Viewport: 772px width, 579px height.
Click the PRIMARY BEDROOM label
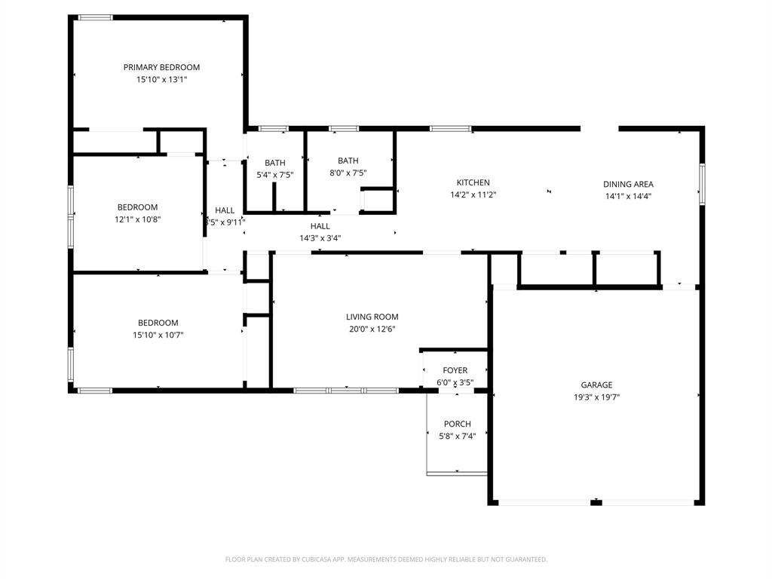(161, 67)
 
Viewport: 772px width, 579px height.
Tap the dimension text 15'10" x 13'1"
(161, 79)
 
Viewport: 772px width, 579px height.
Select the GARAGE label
(596, 385)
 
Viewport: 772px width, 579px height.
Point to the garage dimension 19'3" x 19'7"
(596, 397)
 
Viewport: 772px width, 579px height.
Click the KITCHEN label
(473, 182)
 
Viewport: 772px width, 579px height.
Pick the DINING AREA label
(628, 184)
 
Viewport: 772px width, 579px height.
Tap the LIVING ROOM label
(372, 317)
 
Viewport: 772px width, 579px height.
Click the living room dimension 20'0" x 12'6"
(372, 329)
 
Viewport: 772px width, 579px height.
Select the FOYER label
(455, 370)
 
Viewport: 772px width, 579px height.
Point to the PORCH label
(457, 424)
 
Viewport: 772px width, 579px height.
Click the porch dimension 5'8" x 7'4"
(457, 436)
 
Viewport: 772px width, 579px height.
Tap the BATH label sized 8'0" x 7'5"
(348, 161)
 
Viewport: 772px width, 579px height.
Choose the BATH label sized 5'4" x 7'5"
(274, 163)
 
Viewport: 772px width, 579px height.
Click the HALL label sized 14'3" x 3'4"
(320, 226)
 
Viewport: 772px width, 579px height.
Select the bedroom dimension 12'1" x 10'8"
(137, 219)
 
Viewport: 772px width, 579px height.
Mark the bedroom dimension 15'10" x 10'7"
(158, 335)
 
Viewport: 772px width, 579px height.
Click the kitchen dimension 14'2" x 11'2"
(473, 195)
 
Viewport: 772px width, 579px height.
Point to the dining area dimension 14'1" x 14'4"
(628, 196)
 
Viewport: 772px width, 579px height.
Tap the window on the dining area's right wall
(701, 185)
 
